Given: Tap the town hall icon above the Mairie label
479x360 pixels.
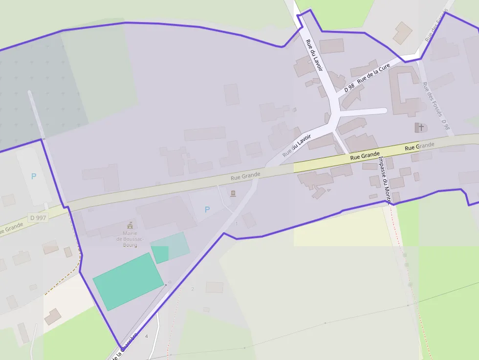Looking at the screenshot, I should (130, 225).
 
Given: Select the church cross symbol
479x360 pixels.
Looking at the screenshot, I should (420, 127).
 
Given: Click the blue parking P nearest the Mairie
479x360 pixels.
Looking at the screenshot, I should (207, 210).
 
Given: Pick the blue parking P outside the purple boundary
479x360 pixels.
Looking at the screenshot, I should (34, 176).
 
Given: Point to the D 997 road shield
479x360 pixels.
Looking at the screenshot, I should (38, 217).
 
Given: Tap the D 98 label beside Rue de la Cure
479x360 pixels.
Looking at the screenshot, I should (349, 87).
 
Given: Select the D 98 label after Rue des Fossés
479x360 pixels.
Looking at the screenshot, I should (445, 125).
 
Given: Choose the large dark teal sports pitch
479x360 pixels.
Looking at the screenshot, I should (129, 281).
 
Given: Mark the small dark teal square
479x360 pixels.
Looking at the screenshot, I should (160, 254).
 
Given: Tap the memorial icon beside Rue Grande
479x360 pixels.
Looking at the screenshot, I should (233, 194).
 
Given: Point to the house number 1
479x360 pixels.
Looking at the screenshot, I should (237, 224).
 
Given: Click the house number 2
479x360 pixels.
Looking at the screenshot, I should (193, 289).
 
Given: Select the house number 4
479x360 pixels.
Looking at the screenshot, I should (146, 336).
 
